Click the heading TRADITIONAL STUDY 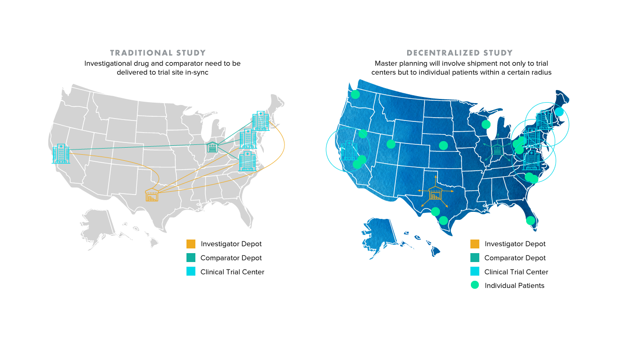pyautogui.click(x=158, y=53)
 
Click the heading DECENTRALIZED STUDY pyautogui.click(x=460, y=53)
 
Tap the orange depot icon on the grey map pyautogui.click(x=152, y=195)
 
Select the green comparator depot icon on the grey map pyautogui.click(x=213, y=147)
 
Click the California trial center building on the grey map pyautogui.click(x=61, y=154)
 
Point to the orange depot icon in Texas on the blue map pyautogui.click(x=436, y=192)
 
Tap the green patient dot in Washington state pyautogui.click(x=355, y=94)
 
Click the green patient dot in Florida pyautogui.click(x=530, y=220)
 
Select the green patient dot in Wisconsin pyautogui.click(x=486, y=124)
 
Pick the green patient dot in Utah pyautogui.click(x=391, y=144)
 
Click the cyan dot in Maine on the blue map pyautogui.click(x=559, y=112)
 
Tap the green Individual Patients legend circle pyautogui.click(x=475, y=285)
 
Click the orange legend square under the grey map pyautogui.click(x=191, y=244)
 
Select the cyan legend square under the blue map pyautogui.click(x=475, y=271)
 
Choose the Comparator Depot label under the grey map pyautogui.click(x=231, y=258)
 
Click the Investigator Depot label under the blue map pyautogui.click(x=515, y=244)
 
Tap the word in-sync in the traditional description pyautogui.click(x=197, y=72)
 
